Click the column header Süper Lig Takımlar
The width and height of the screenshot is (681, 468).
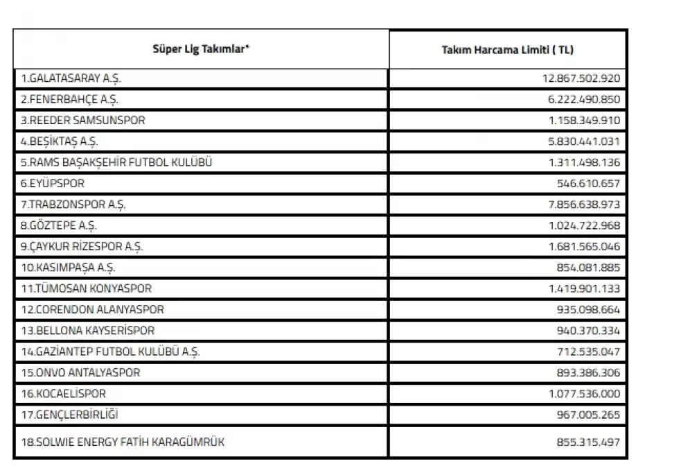201,49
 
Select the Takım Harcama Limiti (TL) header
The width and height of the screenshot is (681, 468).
508,49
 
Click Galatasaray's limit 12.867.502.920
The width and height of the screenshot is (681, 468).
581,78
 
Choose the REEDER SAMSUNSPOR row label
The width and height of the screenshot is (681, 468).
82,120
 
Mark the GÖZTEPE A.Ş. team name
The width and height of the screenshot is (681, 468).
59,225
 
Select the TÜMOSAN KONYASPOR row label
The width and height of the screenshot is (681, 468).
86,288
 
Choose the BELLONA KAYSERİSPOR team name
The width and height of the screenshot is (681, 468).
87,331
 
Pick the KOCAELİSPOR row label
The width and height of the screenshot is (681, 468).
63,394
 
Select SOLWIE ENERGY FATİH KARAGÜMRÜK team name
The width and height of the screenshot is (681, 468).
122,442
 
